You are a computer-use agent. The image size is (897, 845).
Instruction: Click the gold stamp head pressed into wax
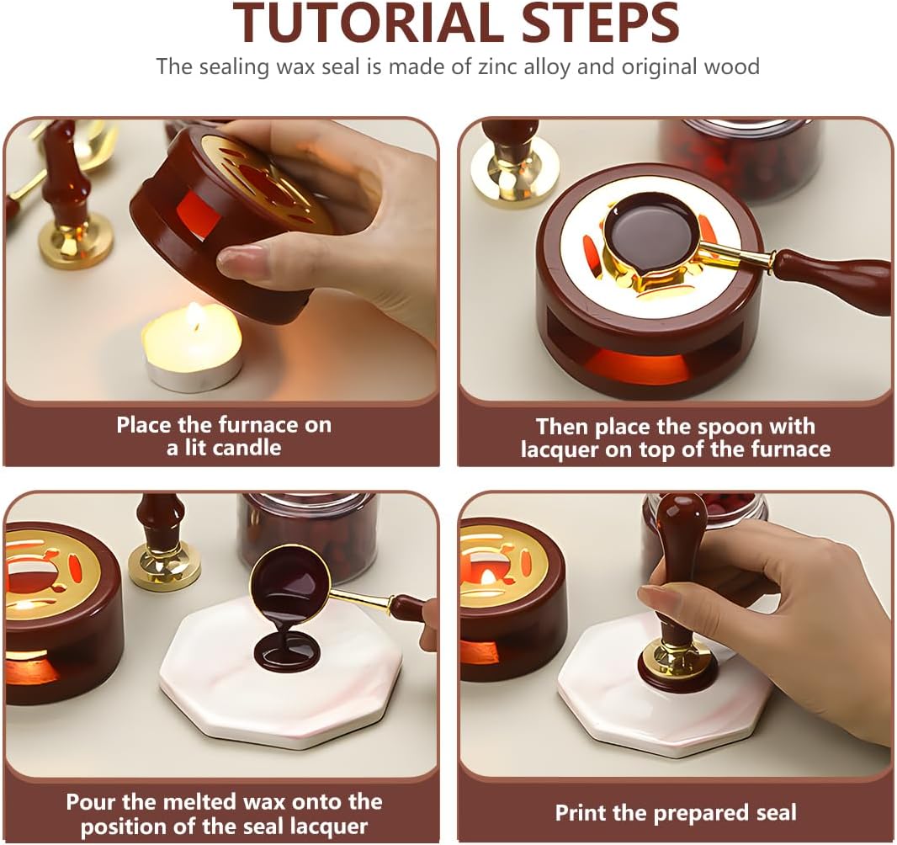[x=678, y=655]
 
